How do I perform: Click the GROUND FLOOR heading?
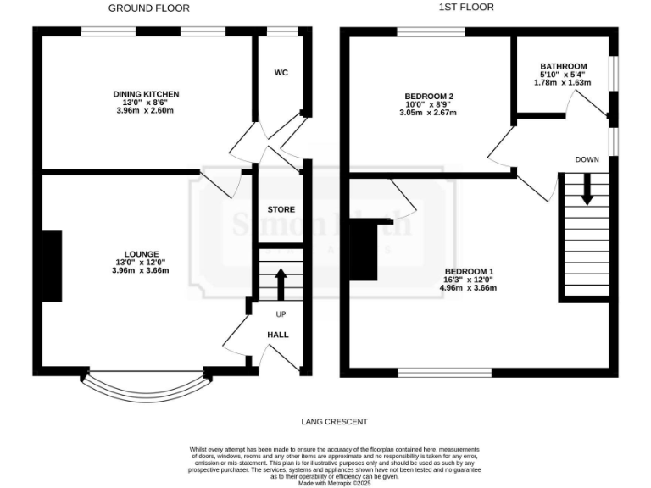tap(149, 8)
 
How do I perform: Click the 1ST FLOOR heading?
tap(465, 8)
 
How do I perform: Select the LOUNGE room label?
tap(140, 253)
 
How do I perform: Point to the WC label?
tap(281, 73)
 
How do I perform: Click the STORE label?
tap(281, 209)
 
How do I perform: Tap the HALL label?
tap(278, 335)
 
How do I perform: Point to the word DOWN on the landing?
tap(587, 159)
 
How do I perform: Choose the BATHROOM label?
tap(564, 67)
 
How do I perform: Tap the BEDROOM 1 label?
tap(467, 271)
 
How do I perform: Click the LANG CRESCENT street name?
tap(334, 421)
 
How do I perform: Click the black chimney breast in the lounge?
tap(52, 266)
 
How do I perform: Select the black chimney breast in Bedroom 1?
tap(364, 249)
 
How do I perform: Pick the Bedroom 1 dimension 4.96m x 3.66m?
tap(467, 288)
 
